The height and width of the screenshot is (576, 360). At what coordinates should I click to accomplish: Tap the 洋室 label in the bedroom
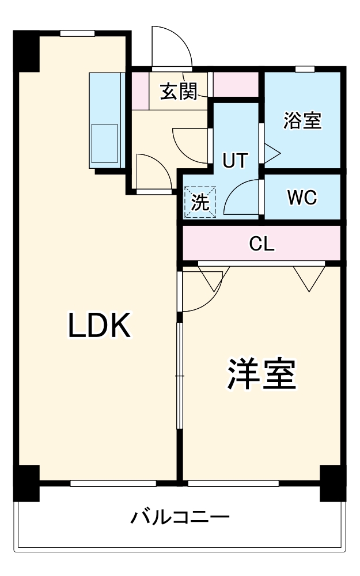point(262,374)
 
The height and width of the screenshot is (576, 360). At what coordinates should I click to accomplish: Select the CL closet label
point(262,244)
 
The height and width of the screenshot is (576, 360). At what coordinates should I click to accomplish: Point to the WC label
point(302,198)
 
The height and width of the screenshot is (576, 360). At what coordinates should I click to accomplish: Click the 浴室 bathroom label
point(302,121)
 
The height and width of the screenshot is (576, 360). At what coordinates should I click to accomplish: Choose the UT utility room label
point(236,161)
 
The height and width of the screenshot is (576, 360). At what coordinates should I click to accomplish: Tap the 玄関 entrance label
point(179,91)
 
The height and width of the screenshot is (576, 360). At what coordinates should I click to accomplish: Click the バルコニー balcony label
point(180,516)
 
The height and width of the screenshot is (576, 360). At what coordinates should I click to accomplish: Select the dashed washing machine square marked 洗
point(200,202)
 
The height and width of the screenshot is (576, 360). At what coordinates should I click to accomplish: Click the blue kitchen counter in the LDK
point(106,121)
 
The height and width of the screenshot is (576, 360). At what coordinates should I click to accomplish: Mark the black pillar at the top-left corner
point(26,49)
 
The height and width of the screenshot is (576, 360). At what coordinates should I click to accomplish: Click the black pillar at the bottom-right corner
point(332,482)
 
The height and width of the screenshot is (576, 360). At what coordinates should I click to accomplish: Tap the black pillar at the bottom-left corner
point(26,482)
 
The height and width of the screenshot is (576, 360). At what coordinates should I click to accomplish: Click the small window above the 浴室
point(305,69)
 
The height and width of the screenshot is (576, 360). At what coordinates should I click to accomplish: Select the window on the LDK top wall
point(78,33)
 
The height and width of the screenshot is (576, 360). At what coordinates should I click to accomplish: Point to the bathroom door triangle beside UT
point(271,153)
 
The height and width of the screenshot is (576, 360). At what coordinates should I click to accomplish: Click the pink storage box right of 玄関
point(236,84)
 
